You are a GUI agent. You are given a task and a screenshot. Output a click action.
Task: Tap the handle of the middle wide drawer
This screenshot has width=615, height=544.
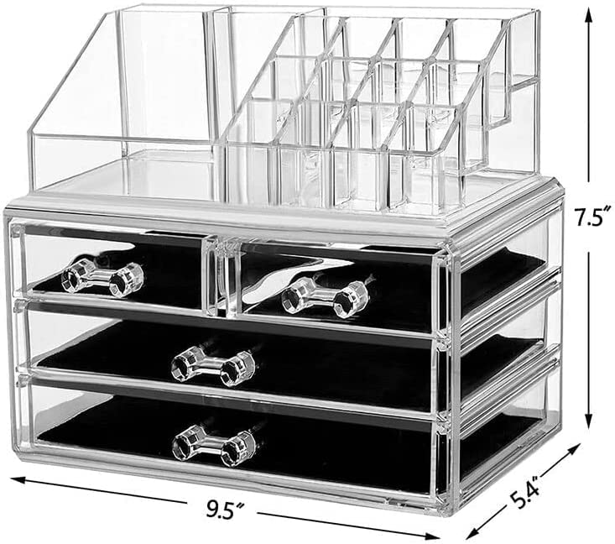pyautogui.click(x=213, y=364)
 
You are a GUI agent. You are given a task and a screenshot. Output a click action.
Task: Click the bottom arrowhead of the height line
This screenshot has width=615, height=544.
pyautogui.click(x=587, y=421)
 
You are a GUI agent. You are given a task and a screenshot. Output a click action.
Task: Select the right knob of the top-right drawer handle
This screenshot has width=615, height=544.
pyautogui.click(x=351, y=300)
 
